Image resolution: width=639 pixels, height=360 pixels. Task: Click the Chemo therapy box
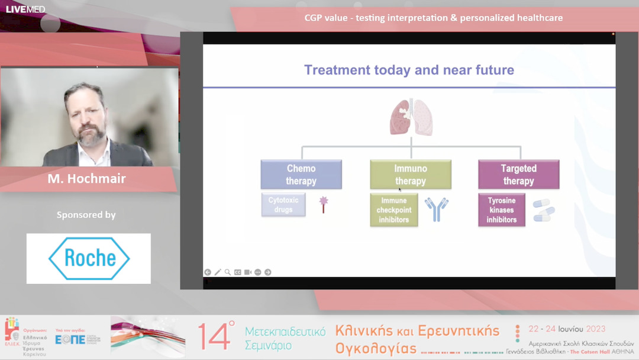click(x=301, y=175)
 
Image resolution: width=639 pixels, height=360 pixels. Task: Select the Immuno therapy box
click(x=411, y=175)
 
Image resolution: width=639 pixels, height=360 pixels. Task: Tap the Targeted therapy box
click(x=518, y=175)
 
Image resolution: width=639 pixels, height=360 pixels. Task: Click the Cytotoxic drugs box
click(x=283, y=205)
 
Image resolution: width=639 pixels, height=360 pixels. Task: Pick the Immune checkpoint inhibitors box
click(x=394, y=210)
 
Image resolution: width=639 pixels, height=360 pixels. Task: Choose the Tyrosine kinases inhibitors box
click(x=502, y=210)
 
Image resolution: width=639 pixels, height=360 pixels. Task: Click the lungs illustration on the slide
click(x=411, y=117)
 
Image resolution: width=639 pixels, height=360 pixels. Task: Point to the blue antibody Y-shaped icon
click(x=437, y=210)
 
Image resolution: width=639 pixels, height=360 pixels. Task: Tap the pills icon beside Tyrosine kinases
click(x=543, y=210)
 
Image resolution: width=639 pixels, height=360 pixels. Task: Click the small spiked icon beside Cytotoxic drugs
click(x=324, y=204)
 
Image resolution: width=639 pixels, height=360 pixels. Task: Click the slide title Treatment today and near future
click(x=409, y=70)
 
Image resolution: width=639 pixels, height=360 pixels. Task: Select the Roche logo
click(x=89, y=259)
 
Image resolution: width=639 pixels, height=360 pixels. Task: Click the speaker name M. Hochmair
click(x=86, y=179)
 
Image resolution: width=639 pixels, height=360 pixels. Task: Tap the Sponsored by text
click(x=86, y=215)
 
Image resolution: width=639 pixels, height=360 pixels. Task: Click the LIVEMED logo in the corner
click(x=25, y=9)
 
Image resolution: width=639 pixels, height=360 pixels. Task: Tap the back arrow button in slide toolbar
click(x=208, y=272)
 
